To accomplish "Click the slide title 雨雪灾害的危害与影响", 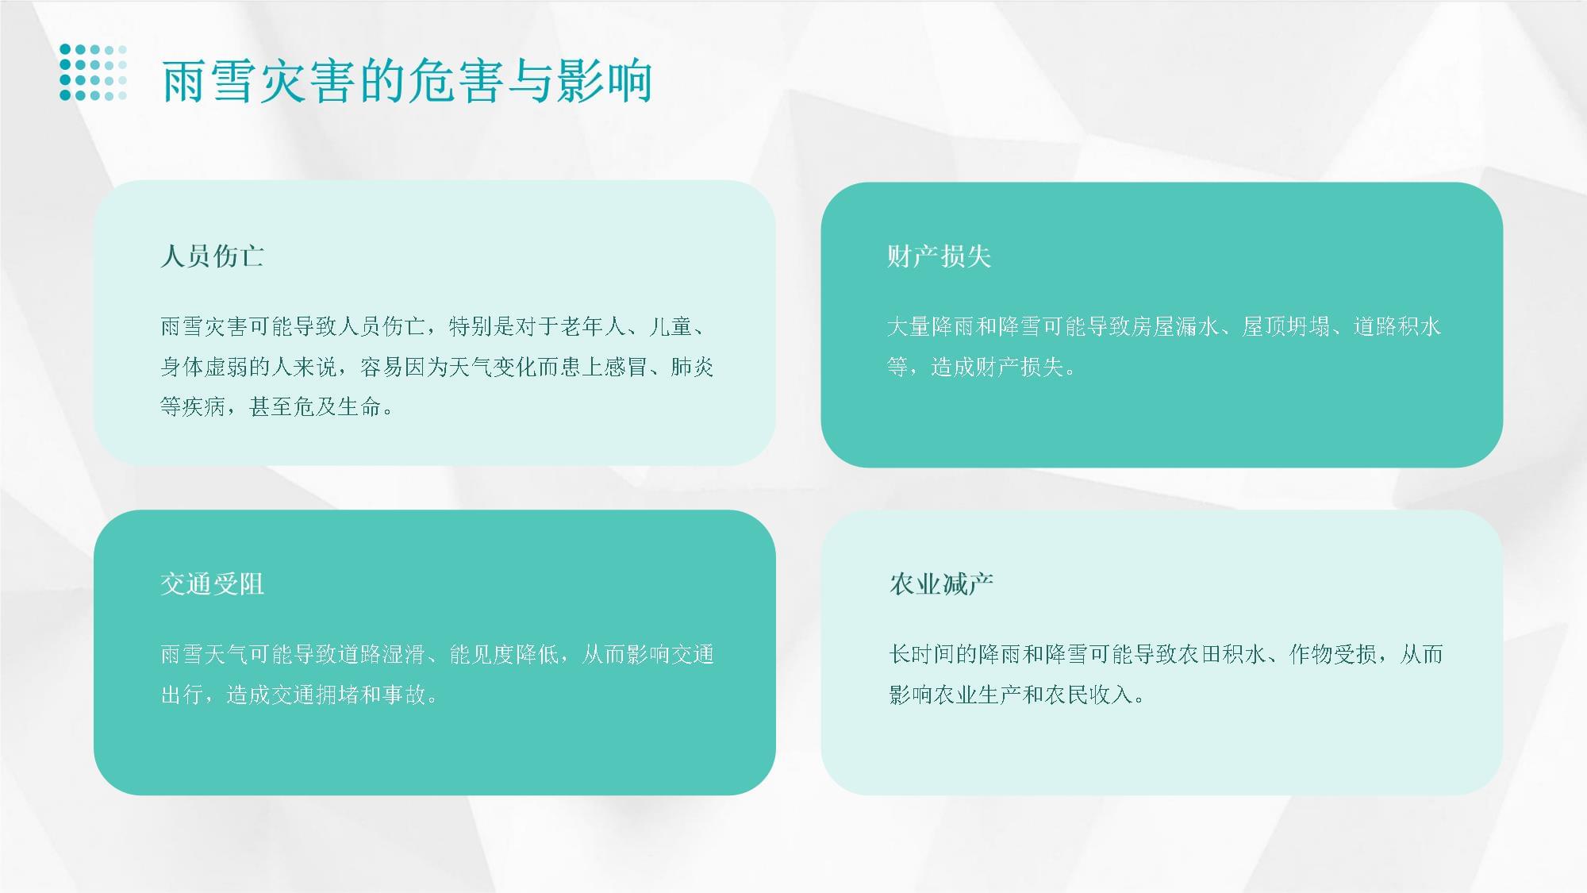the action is (x=407, y=81).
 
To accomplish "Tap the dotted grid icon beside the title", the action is (x=93, y=72).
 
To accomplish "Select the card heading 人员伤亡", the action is (x=212, y=256).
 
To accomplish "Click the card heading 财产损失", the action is (x=939, y=256).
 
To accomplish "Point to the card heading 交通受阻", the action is (x=212, y=584).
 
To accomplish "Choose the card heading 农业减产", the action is (x=941, y=584).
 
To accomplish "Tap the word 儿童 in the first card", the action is (x=671, y=326).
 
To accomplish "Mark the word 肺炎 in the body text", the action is (x=692, y=367).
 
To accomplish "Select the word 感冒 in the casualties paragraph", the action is (x=626, y=367).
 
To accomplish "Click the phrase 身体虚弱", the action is (x=205, y=367).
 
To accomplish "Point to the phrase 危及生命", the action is (x=338, y=407).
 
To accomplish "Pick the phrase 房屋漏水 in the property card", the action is (x=1176, y=326).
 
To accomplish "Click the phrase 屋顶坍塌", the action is (x=1286, y=326).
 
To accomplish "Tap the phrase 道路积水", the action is (x=1397, y=326).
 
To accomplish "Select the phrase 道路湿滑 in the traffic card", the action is (x=382, y=654).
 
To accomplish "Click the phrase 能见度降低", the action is (x=504, y=654).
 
